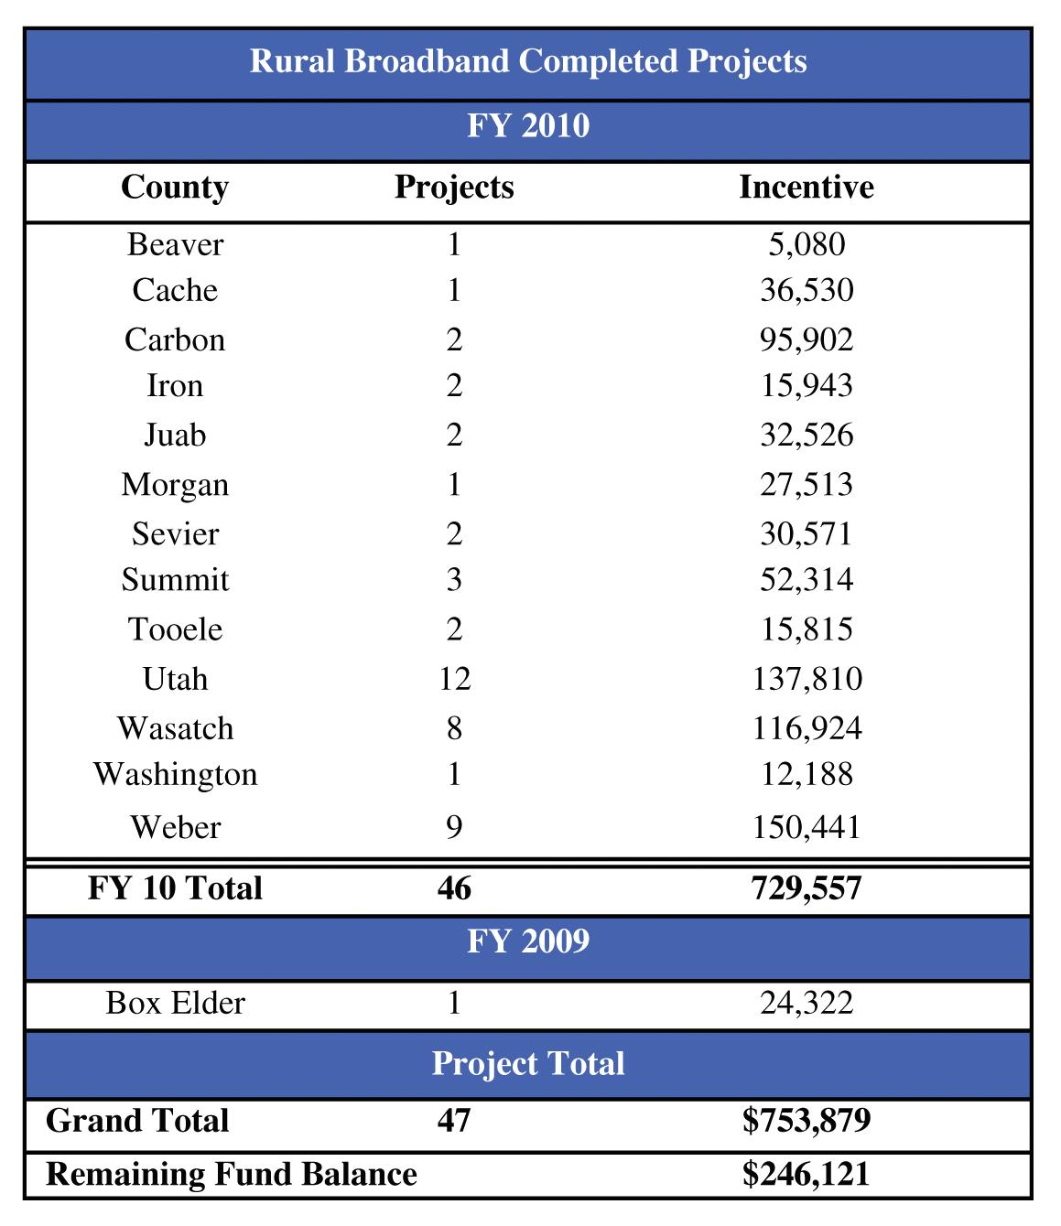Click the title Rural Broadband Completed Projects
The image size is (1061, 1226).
528,61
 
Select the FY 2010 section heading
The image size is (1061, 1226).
528,125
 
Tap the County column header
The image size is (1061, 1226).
174,188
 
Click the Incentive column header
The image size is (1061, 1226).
806,188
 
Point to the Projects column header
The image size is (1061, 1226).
454,188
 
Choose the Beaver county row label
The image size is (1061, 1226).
175,244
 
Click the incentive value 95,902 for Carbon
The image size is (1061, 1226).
807,339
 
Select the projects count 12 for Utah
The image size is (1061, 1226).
454,679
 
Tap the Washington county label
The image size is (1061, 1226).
175,774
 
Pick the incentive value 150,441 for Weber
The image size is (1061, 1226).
807,827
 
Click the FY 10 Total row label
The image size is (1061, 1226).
175,888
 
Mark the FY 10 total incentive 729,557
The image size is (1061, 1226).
807,888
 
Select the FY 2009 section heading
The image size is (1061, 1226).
528,941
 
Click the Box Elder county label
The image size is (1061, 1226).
175,1003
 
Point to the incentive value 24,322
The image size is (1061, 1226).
807,1003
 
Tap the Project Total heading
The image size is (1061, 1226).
528,1063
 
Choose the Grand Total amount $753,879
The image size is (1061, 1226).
807,1121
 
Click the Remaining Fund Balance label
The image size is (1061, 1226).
232,1174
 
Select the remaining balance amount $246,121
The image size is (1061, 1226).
807,1174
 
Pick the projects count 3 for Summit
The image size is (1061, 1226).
454,580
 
